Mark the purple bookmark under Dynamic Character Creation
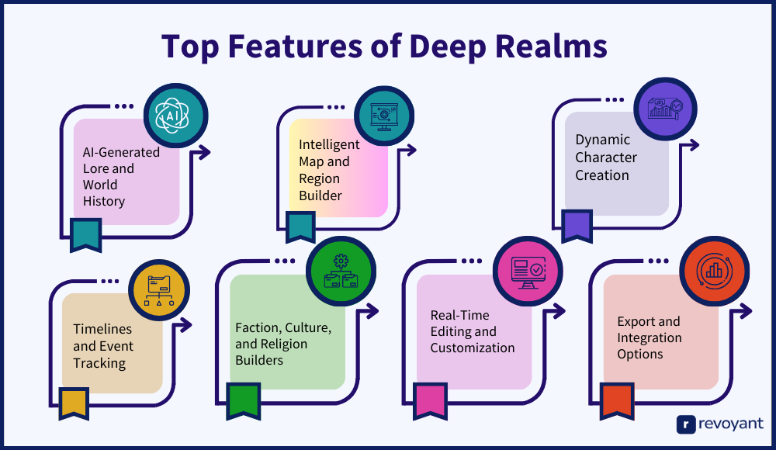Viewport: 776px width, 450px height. [x=576, y=225]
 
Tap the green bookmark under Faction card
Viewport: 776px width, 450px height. [x=243, y=400]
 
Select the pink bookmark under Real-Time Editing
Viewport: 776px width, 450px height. [x=430, y=400]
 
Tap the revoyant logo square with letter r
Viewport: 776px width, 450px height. [x=685, y=424]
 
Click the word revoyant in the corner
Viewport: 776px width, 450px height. [x=732, y=424]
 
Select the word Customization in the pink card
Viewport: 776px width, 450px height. [x=473, y=348]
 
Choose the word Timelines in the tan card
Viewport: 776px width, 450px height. [x=102, y=329]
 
